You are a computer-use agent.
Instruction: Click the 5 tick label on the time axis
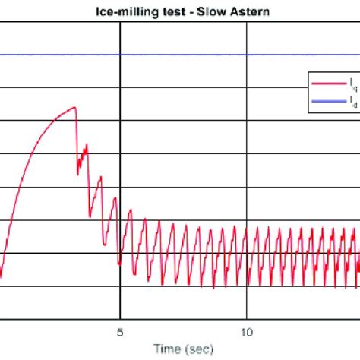[119, 332]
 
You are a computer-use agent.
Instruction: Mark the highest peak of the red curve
[74, 107]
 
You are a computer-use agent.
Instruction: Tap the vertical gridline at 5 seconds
[119, 190]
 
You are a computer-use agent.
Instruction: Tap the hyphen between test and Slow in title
[190, 12]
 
